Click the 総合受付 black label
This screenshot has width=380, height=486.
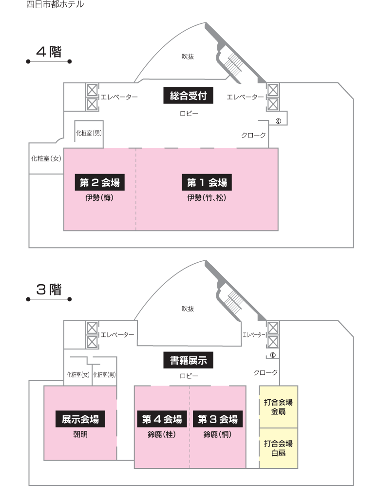pos(189,96)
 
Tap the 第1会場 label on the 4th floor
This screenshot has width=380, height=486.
pos(207,183)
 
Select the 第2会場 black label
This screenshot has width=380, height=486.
pos(100,183)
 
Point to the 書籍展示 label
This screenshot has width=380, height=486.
pos(189,360)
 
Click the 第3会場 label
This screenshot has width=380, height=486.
pos(218,419)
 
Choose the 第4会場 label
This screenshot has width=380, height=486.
pos(162,419)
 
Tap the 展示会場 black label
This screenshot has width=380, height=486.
pos(80,419)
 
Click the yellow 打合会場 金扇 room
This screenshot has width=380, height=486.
pos(278,407)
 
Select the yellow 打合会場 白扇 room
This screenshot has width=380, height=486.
pos(278,448)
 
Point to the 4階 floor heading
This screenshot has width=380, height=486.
pos(49,52)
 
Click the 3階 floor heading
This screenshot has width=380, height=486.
pos(49,290)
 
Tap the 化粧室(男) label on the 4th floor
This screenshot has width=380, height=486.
pos(89,133)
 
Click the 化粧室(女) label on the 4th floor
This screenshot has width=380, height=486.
pos(46,159)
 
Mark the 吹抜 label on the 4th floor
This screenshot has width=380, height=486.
pos(188,57)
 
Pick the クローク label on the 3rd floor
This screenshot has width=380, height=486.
pos(266,372)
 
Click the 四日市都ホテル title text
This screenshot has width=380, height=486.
pos(55,4)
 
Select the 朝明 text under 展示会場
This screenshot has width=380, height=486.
pos(80,434)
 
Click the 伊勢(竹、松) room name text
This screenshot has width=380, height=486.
pos(207,198)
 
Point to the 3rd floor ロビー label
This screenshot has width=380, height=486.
pos(189,376)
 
